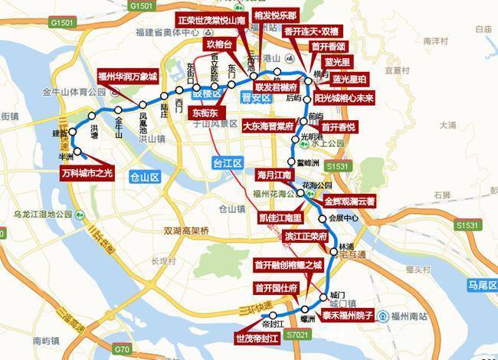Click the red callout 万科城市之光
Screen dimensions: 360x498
[86, 173]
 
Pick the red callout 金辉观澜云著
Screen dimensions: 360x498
[349, 202]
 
